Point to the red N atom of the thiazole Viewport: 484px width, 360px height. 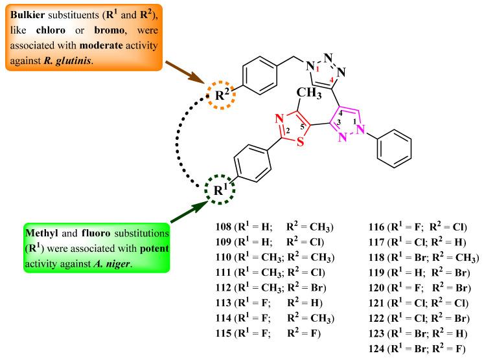[x=277, y=119]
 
